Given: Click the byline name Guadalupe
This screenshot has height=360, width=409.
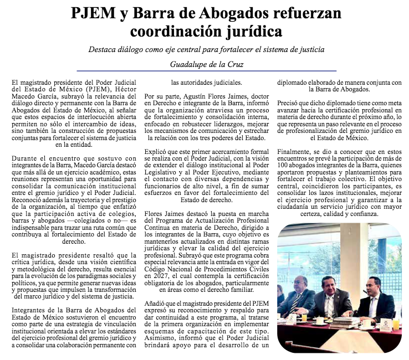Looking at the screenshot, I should (x=186, y=64).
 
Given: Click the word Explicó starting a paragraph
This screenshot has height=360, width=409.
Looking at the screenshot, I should (x=157, y=150).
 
